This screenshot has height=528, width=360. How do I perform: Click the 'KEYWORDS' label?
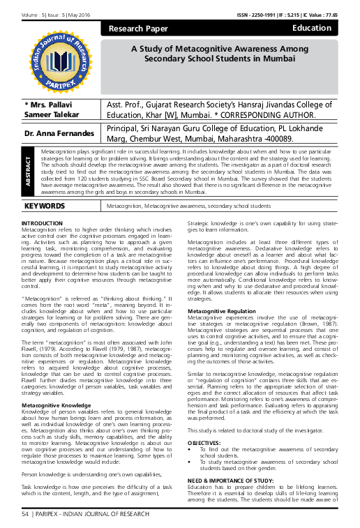pyautogui.click(x=45, y=206)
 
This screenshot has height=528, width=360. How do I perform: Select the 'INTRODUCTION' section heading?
pyautogui.click(x=43, y=223)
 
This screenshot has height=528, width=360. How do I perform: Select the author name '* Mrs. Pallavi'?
pyautogui.click(x=47, y=103)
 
